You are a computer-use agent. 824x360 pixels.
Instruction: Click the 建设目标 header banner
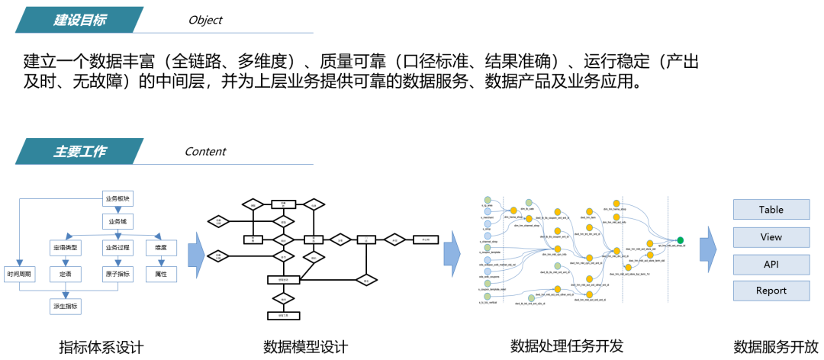click(x=80, y=21)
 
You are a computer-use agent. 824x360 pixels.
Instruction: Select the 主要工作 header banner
click(x=80, y=151)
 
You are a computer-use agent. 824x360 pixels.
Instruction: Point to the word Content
click(x=205, y=151)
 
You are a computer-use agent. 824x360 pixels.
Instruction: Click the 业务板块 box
click(x=117, y=200)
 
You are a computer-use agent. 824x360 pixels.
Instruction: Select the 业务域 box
click(x=117, y=222)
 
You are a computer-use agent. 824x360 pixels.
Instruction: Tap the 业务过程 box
click(x=117, y=249)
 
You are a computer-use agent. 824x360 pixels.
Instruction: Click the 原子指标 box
click(x=117, y=274)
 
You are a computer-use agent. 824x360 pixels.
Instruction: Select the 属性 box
click(x=161, y=274)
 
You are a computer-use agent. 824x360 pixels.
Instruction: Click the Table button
click(x=771, y=210)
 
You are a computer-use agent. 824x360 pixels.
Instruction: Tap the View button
click(x=771, y=237)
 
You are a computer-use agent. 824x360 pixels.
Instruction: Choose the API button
click(x=771, y=264)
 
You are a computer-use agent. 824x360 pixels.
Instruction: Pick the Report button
click(x=771, y=291)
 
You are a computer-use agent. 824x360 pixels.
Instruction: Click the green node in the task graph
click(x=680, y=240)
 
